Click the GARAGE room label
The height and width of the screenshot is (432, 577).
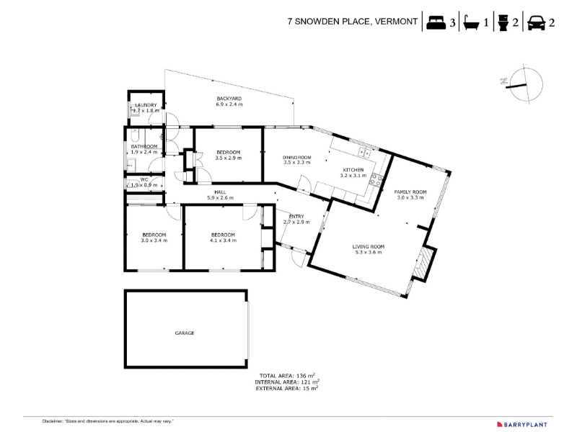185,333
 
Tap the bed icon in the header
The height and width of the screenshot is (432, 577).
436,22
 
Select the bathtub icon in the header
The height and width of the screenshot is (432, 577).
471,23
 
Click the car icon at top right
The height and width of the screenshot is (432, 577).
536,23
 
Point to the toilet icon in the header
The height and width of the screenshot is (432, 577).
503,23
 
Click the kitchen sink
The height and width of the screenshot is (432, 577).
364,152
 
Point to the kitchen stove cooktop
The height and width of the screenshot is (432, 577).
376,179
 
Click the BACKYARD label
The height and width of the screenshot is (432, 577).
229,99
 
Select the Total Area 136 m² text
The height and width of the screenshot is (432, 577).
287,376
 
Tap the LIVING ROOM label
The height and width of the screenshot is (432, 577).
369,247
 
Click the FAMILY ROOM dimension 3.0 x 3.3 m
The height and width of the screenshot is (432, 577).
410,197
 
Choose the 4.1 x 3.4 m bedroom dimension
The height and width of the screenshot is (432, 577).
223,240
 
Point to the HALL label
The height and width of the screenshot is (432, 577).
220,192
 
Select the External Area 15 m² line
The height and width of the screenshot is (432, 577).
287,388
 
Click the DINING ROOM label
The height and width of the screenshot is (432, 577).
297,158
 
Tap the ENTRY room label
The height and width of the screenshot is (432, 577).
296,217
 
